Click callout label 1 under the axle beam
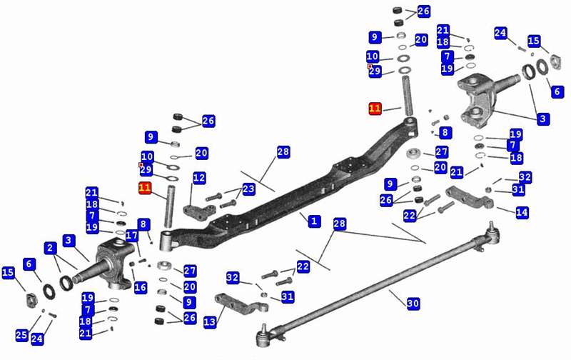(x=313, y=221)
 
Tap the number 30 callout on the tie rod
(x=413, y=304)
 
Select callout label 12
(x=199, y=177)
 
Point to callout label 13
(x=209, y=323)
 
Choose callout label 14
(x=522, y=212)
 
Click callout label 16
(x=140, y=287)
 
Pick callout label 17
(x=131, y=235)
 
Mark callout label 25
(x=22, y=335)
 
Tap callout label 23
(x=248, y=189)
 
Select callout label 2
(x=50, y=249)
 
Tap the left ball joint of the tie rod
(x=263, y=331)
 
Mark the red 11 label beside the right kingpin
(x=375, y=109)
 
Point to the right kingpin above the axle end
(x=408, y=93)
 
